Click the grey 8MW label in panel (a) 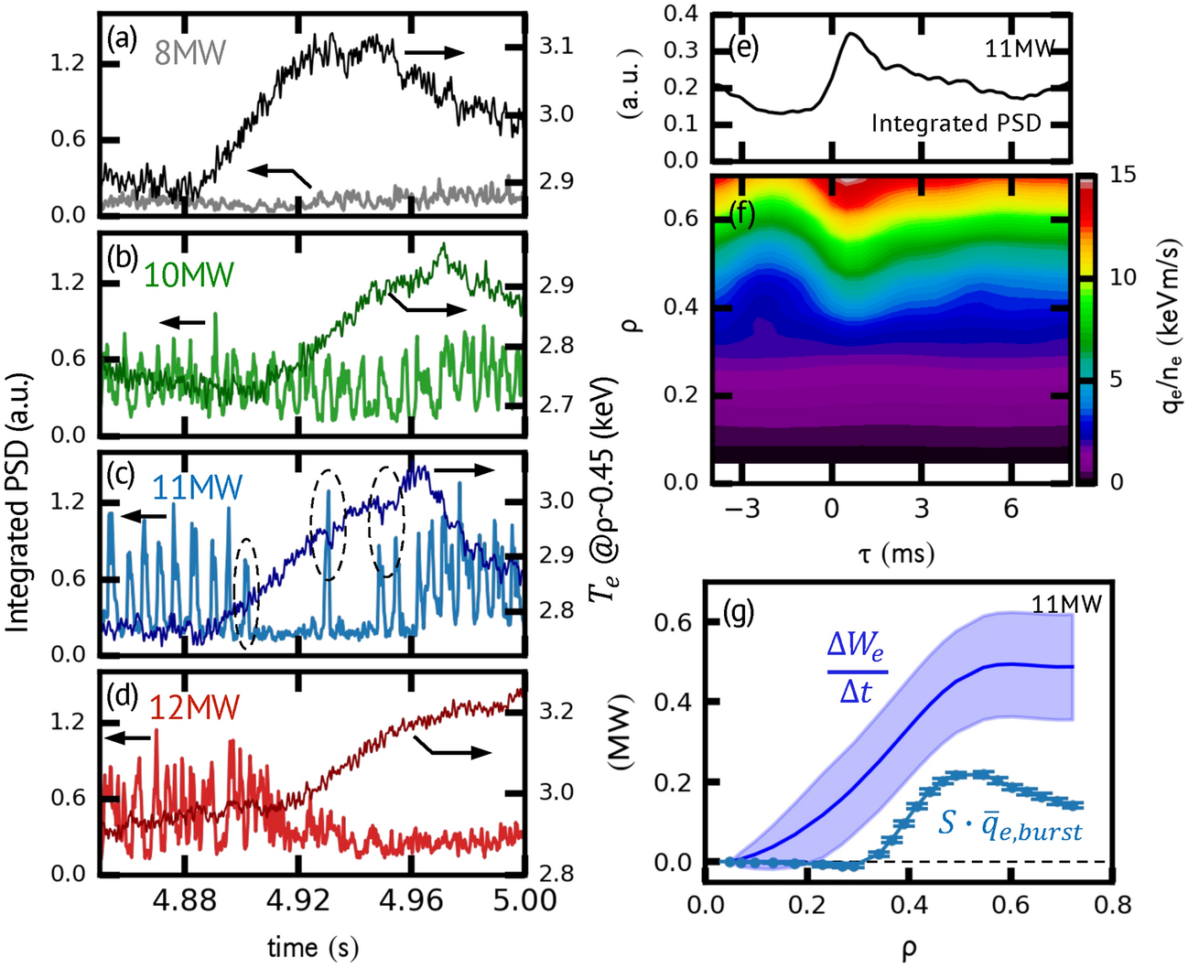tap(189, 53)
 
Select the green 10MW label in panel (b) tap(189, 274)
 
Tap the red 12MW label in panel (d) tap(193, 707)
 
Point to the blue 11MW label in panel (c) tap(198, 488)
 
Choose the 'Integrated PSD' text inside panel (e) tap(956, 124)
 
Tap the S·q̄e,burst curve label tap(1010, 826)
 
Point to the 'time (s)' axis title tap(312, 947)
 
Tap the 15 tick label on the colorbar tap(1123, 174)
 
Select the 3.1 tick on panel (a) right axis tap(556, 47)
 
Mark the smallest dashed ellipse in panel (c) tap(245, 594)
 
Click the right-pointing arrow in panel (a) tap(435, 52)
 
